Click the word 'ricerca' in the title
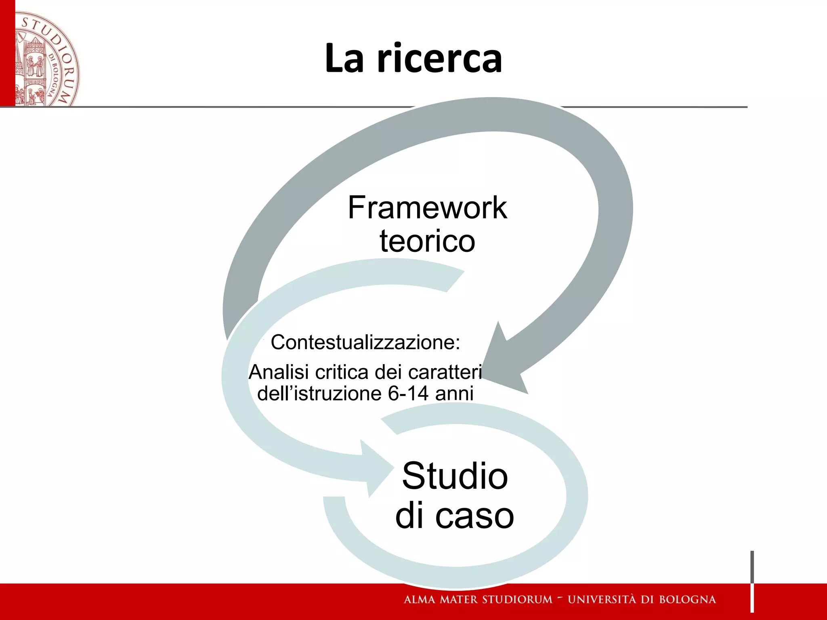point(440,59)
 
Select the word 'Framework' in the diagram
point(427,207)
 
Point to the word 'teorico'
point(427,241)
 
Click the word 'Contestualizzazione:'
point(365,342)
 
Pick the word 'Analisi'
point(279,372)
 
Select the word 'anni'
point(454,393)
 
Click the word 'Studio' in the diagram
point(455,476)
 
